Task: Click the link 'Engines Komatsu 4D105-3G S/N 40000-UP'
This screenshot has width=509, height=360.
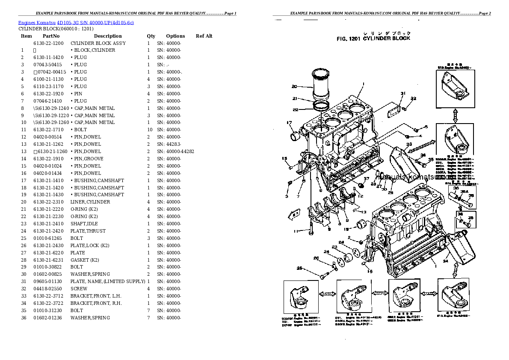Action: click(x=76, y=22)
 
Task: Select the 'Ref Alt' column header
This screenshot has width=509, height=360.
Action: click(x=204, y=36)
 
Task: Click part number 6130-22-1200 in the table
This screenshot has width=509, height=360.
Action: click(x=48, y=43)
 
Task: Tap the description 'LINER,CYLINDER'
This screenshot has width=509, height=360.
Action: click(x=90, y=202)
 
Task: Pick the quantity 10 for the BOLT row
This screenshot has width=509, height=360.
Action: click(x=149, y=130)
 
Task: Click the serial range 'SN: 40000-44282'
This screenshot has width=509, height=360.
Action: click(x=175, y=151)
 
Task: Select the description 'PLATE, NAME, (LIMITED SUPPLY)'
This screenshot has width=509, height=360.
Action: click(x=108, y=281)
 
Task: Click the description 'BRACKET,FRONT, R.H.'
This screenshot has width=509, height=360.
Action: click(x=96, y=303)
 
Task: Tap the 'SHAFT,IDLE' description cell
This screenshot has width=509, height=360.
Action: click(x=85, y=224)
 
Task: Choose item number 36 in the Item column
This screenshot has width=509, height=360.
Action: click(x=24, y=318)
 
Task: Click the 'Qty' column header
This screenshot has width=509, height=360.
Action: click(x=151, y=36)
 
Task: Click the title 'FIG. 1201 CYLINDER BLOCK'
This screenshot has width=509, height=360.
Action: click(x=373, y=38)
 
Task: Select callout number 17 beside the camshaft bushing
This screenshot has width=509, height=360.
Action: click(x=289, y=123)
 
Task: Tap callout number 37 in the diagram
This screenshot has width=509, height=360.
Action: click(x=366, y=178)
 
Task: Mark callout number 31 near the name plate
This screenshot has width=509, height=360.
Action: click(x=402, y=93)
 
